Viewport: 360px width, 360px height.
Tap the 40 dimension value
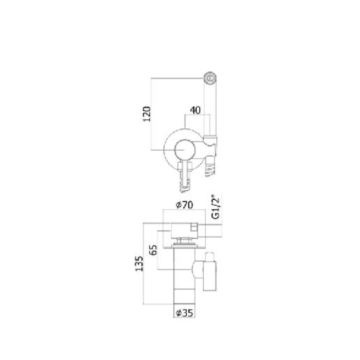(195, 110)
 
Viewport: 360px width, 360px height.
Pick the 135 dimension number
(140, 264)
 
